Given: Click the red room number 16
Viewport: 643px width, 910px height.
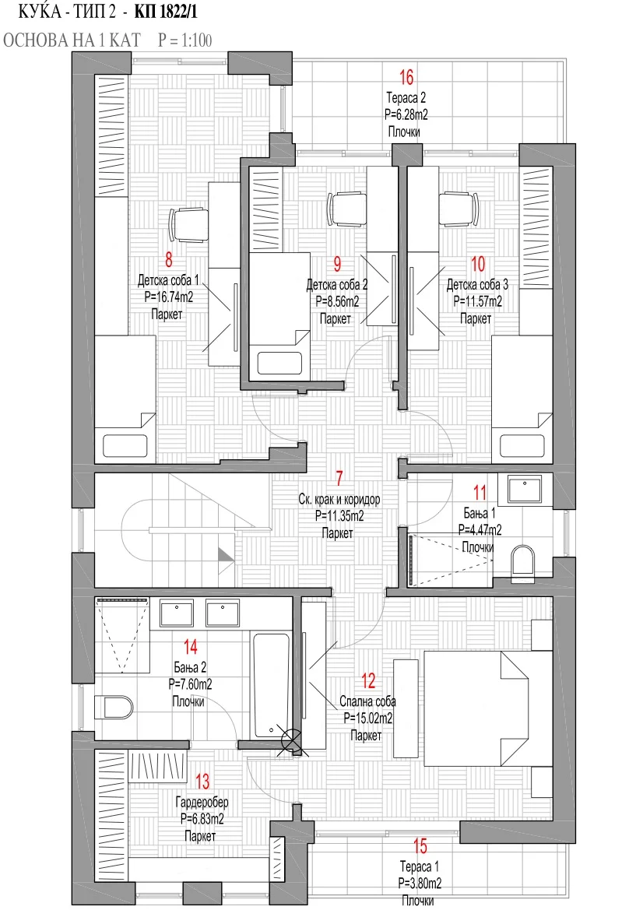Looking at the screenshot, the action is [x=406, y=76].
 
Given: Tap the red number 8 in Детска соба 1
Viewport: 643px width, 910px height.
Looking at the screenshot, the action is [x=169, y=259].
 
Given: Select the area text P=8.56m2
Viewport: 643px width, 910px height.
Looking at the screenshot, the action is [x=337, y=302].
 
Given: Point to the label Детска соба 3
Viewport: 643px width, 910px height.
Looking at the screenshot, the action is [x=477, y=285].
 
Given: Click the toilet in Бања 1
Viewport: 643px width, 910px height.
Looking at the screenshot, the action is [x=522, y=563].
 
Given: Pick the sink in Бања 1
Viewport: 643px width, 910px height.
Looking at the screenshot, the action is [x=525, y=489].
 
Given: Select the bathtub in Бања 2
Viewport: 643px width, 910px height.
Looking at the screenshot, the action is [x=271, y=685].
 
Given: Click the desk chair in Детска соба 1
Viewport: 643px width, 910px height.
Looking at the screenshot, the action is [x=188, y=225].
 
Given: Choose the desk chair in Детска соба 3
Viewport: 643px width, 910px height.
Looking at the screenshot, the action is [x=459, y=209].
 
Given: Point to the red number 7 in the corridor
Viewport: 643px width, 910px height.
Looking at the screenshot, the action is [x=339, y=478].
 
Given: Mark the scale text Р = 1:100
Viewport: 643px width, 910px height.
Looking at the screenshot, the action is [x=185, y=40].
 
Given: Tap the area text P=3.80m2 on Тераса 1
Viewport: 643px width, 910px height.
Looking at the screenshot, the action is [x=420, y=884].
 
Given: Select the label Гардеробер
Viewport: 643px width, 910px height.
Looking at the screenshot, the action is [x=202, y=802].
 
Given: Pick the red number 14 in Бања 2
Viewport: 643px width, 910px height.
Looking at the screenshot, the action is [x=191, y=647].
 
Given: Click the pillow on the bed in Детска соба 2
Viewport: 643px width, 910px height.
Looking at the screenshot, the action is [x=279, y=364].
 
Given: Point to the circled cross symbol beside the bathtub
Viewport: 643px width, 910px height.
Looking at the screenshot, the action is [x=290, y=740].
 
